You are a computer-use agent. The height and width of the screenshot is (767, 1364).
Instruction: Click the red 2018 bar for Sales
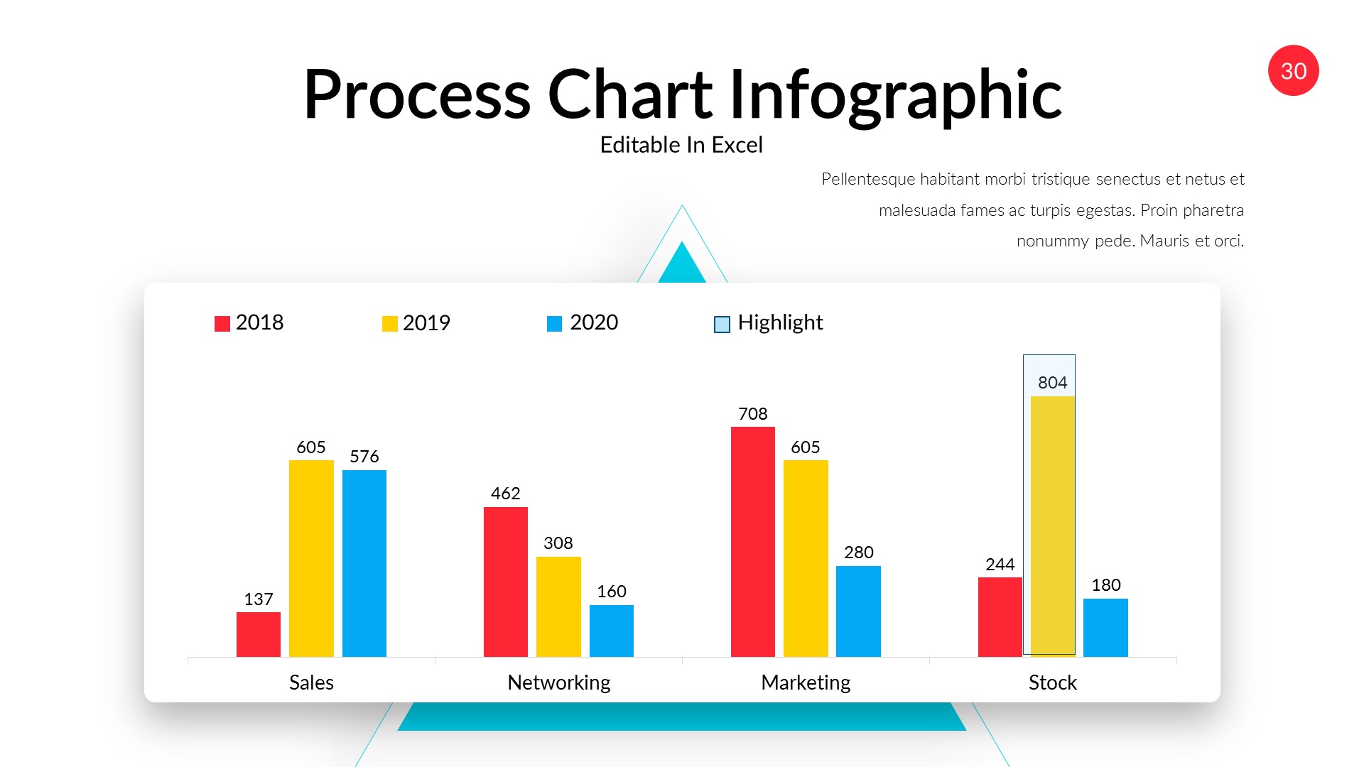(x=258, y=634)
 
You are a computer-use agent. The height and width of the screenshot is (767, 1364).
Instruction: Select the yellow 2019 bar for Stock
(x=1052, y=526)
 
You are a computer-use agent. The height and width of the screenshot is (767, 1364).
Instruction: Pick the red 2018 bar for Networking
(x=505, y=582)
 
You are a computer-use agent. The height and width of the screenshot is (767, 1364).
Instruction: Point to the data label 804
(x=1052, y=383)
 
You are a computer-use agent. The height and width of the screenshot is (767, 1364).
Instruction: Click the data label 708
(x=752, y=414)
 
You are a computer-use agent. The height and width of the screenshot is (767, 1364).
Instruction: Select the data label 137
(x=258, y=599)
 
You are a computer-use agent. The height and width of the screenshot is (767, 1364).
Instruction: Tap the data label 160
(x=611, y=592)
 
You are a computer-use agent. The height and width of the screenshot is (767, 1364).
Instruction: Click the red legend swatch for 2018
(x=222, y=324)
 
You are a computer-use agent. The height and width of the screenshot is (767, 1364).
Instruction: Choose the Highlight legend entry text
(x=779, y=322)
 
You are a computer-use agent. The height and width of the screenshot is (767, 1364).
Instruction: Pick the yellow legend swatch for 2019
(x=389, y=324)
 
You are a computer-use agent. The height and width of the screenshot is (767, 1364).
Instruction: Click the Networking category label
(x=558, y=682)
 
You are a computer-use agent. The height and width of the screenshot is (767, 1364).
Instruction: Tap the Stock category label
(x=1052, y=682)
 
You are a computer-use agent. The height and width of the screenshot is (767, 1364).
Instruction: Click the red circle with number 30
(x=1293, y=71)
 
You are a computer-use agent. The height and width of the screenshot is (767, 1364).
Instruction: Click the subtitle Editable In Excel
(x=681, y=145)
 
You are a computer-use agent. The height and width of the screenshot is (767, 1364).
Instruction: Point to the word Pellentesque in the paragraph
(x=867, y=179)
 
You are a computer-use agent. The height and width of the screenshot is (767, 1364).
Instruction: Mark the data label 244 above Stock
(x=1000, y=565)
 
